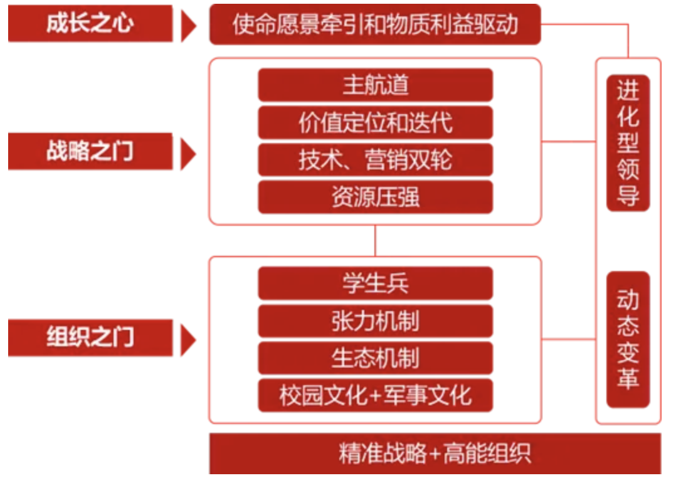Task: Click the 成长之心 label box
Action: (90, 24)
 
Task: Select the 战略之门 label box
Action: (90, 151)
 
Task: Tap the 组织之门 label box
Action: (90, 337)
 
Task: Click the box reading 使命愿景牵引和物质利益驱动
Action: (374, 24)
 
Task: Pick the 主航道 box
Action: (375, 85)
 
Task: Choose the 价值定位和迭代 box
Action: (375, 122)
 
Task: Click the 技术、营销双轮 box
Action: (375, 160)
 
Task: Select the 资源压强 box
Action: (375, 198)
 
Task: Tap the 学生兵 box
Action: (375, 284)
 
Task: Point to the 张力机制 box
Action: (375, 321)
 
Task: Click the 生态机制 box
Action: (375, 358)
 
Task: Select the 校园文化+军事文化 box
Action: (375, 396)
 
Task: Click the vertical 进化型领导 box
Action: (628, 143)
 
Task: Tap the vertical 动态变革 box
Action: (628, 339)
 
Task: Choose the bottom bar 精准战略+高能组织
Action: (435, 454)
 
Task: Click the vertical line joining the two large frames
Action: (375, 240)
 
